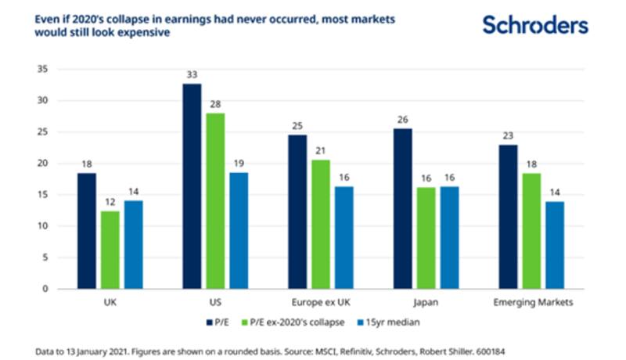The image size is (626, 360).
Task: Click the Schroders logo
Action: click(x=534, y=25)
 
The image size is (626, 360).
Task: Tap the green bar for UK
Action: click(x=110, y=250)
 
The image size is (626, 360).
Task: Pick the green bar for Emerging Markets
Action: click(x=531, y=231)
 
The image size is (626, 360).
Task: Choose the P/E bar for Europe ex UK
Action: click(x=298, y=211)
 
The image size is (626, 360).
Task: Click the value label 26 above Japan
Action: click(x=403, y=120)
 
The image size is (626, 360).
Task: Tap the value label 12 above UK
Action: click(x=110, y=202)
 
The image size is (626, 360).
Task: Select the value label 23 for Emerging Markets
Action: click(x=509, y=135)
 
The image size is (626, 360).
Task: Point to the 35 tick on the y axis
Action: click(x=43, y=70)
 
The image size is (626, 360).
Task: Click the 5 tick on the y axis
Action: click(x=46, y=257)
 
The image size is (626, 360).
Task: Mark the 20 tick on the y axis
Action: click(x=43, y=164)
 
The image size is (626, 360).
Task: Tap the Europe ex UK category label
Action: click(x=320, y=302)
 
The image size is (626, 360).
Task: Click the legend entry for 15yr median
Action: click(x=387, y=322)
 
